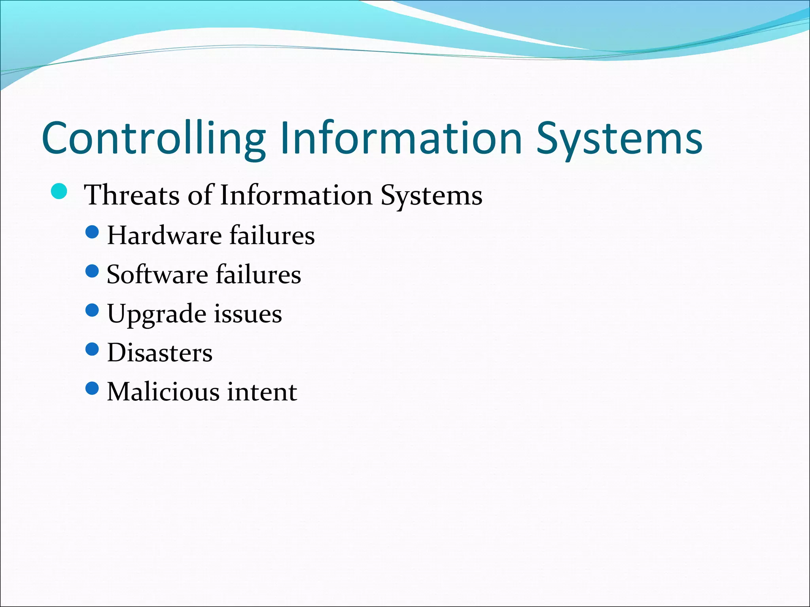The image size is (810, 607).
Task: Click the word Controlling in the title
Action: pyautogui.click(x=153, y=138)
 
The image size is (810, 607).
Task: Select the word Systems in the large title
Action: pyautogui.click(x=619, y=138)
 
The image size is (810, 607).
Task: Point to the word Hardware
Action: pyautogui.click(x=164, y=236)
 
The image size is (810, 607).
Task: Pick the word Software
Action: pyautogui.click(x=157, y=274)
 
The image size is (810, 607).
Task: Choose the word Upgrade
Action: pyautogui.click(x=157, y=314)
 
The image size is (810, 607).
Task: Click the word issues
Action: pyautogui.click(x=248, y=314)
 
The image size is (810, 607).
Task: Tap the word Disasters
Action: pyautogui.click(x=160, y=353)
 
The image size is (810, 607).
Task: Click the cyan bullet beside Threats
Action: pyautogui.click(x=59, y=192)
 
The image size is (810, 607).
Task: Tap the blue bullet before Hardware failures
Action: pyautogui.click(x=92, y=232)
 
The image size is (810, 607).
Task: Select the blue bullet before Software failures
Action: pyautogui.click(x=92, y=271)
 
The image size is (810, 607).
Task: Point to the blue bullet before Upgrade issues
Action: pyautogui.click(x=92, y=310)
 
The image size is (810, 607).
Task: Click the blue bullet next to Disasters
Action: pyautogui.click(x=92, y=349)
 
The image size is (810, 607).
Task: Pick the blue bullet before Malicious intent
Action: pyautogui.click(x=92, y=388)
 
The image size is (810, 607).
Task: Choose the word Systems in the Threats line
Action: pyautogui.click(x=431, y=195)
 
